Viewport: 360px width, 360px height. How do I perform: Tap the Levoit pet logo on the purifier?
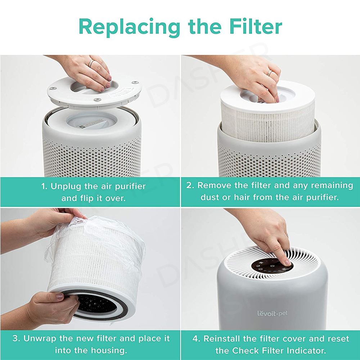pyautogui.click(x=272, y=313)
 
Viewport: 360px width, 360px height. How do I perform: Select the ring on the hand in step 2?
pyautogui.click(x=269, y=73)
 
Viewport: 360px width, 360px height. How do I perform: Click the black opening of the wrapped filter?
pyautogui.click(x=96, y=303)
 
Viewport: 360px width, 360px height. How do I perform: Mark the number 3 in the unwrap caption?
pyautogui.click(x=15, y=338)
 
